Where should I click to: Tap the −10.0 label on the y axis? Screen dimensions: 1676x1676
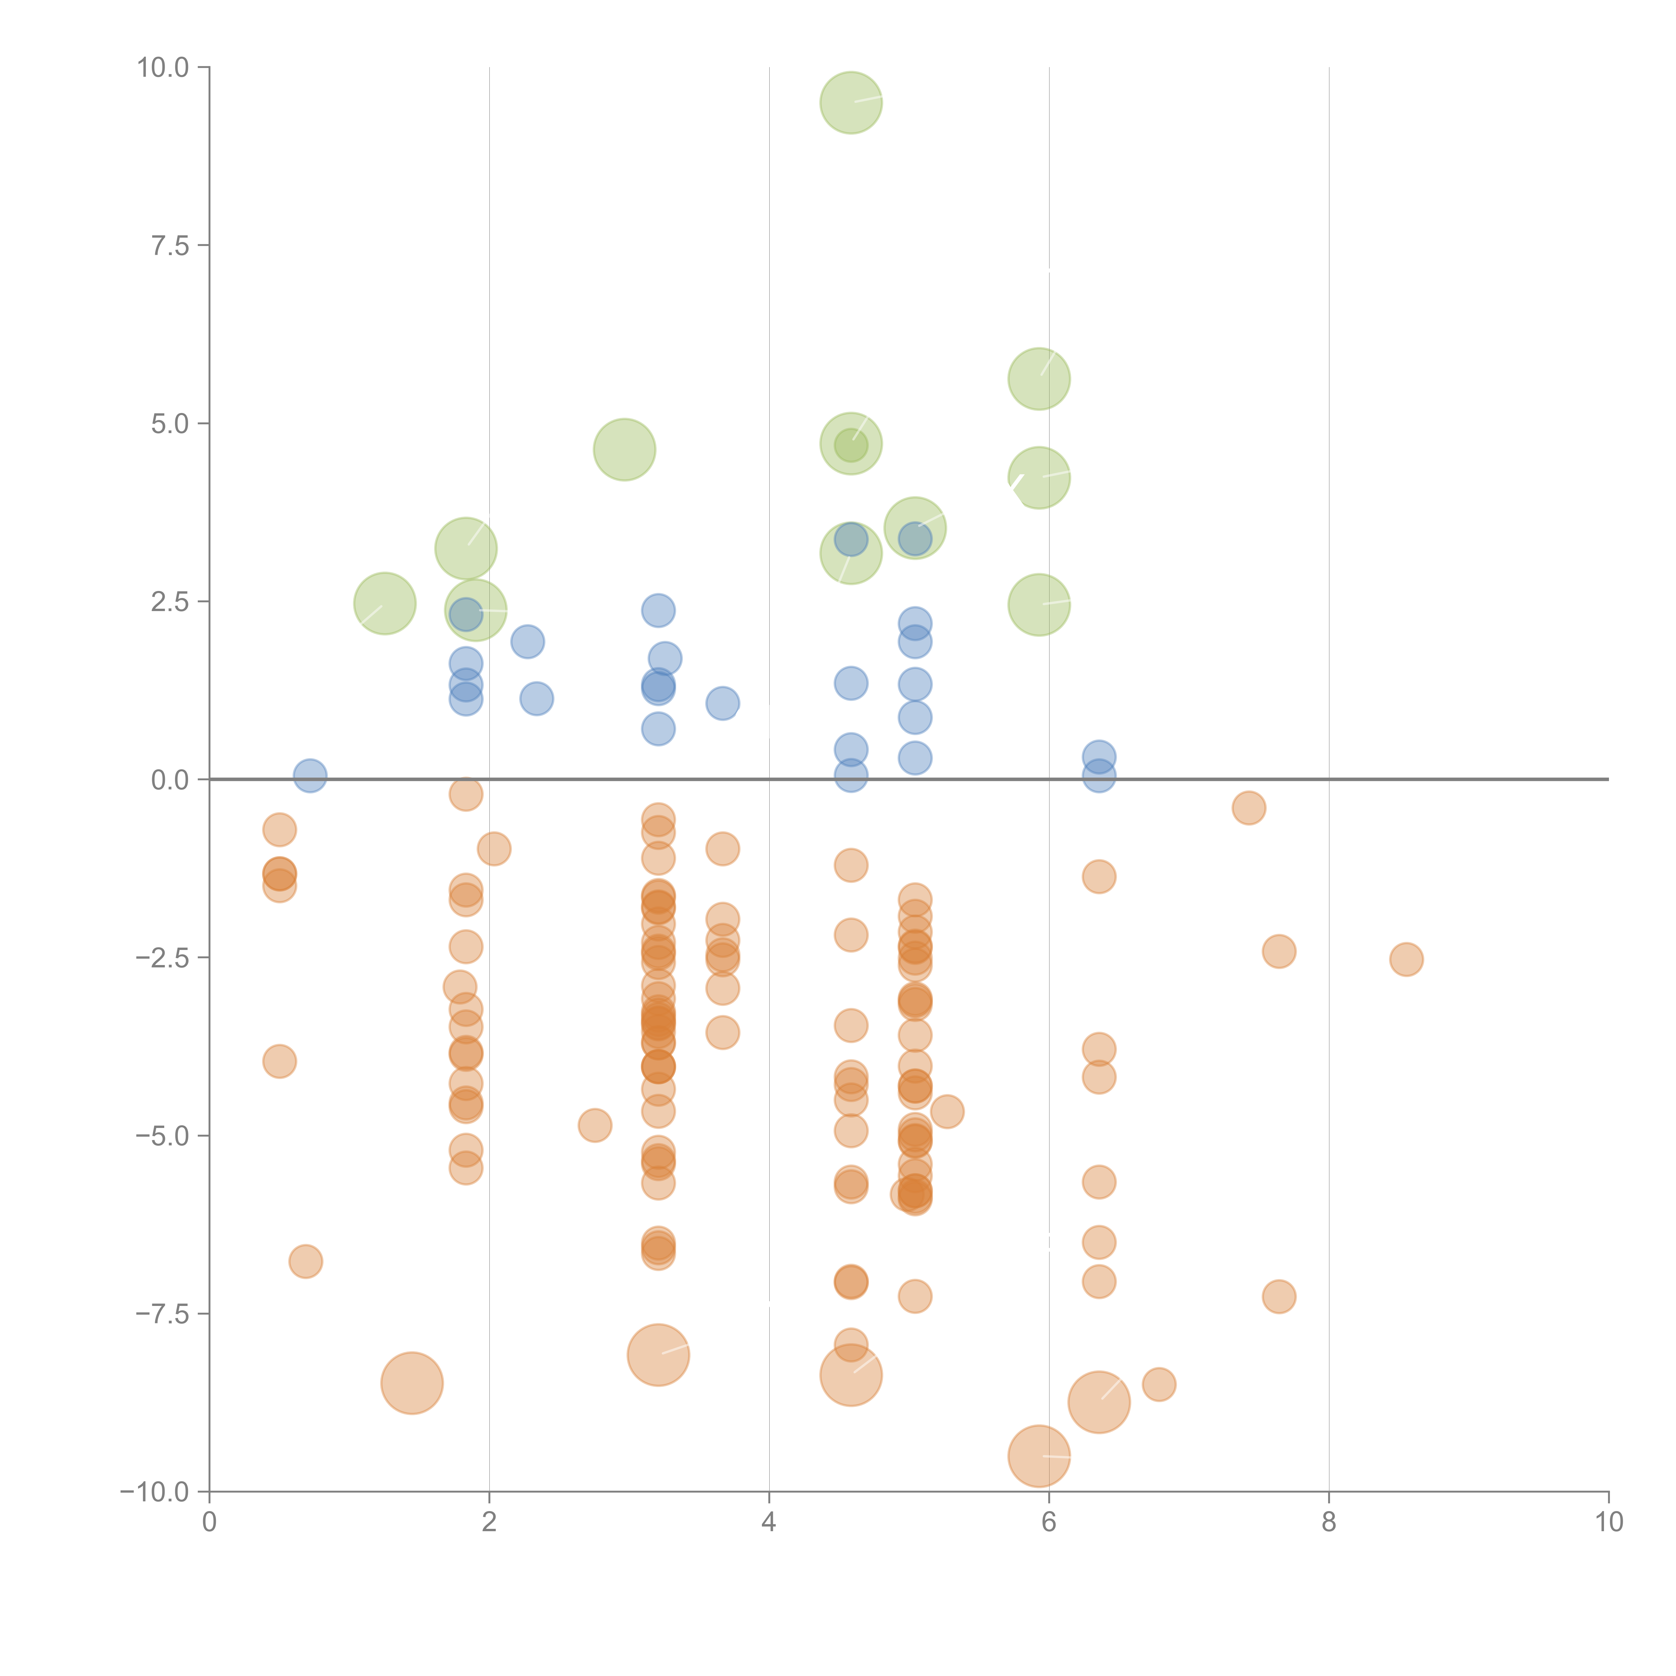coord(155,1492)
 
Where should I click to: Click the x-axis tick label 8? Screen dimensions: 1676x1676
coord(1329,1522)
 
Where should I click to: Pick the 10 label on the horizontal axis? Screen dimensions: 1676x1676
coord(1608,1522)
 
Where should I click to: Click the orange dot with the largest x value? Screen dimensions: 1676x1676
coord(1406,959)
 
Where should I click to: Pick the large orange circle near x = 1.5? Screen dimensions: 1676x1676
coord(412,1383)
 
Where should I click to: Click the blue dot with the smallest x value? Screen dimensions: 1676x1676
coord(310,776)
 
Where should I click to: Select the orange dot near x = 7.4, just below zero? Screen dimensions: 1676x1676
coord(1248,807)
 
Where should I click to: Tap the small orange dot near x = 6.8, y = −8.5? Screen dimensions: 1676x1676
coord(1159,1384)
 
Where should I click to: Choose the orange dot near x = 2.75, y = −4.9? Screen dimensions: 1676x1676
coord(594,1125)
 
